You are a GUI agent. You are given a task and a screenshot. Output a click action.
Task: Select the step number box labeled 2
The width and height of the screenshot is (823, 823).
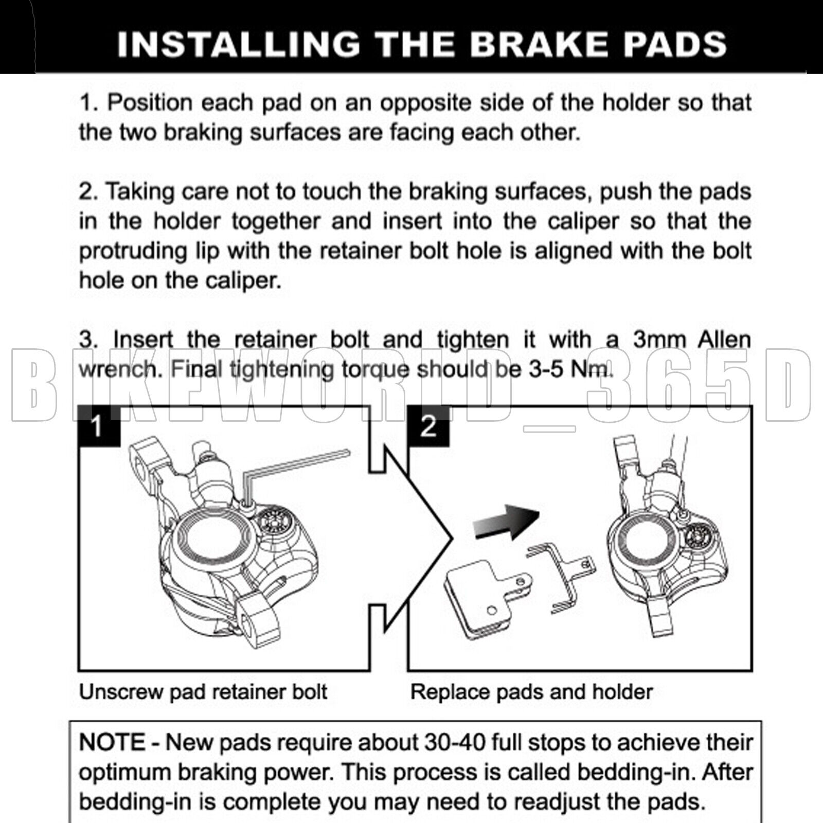tap(428, 426)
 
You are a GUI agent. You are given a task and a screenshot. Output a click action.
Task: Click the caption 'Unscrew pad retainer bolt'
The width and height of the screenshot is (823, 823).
tap(203, 692)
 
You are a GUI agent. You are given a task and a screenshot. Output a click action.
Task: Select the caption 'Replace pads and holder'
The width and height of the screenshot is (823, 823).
tap(531, 692)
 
